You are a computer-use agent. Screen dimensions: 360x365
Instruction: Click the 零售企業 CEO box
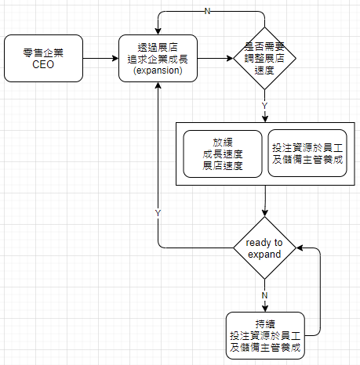43,58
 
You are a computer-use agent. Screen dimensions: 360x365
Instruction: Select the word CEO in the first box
43,64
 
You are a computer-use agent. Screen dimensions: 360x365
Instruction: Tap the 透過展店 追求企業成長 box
158,58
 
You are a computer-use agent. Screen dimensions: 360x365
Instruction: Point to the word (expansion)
158,70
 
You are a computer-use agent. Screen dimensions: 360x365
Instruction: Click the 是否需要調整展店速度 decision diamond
264,58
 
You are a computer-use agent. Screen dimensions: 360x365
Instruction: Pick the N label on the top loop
207,11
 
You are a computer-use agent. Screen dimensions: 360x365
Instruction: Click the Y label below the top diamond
264,106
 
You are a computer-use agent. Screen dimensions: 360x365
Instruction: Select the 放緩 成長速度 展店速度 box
223,154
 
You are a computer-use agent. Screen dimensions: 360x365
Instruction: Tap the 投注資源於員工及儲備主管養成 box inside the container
307,154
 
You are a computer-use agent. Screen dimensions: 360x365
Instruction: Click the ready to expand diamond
264,248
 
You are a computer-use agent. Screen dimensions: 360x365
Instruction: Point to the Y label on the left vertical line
158,213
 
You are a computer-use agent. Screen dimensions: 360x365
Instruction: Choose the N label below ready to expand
264,295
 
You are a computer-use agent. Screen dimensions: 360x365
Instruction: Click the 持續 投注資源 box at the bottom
265,335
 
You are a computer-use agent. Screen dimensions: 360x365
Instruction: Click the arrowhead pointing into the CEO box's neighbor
115,58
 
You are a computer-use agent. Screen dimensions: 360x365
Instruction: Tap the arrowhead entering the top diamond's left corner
230,58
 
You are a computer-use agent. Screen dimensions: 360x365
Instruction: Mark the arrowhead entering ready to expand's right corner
300,248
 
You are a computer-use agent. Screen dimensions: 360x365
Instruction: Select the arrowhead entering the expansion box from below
158,85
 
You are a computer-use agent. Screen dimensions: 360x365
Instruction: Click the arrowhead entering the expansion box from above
158,31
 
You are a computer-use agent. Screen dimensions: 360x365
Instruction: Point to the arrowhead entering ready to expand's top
265,213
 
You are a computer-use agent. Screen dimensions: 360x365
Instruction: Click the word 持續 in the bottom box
265,324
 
